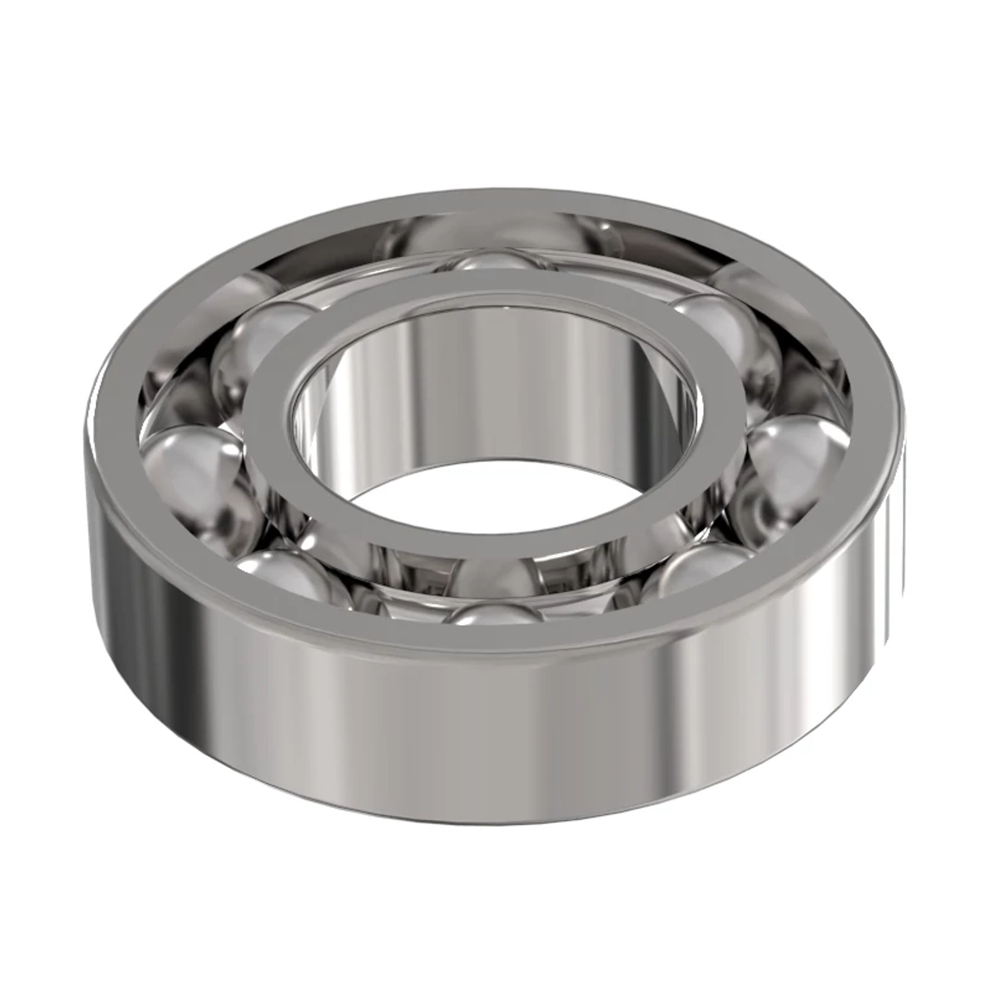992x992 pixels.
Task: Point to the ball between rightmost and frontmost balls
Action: click(x=703, y=570)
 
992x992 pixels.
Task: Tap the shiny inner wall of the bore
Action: click(x=496, y=380)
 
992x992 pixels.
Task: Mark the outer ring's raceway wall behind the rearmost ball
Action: click(x=496, y=227)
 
